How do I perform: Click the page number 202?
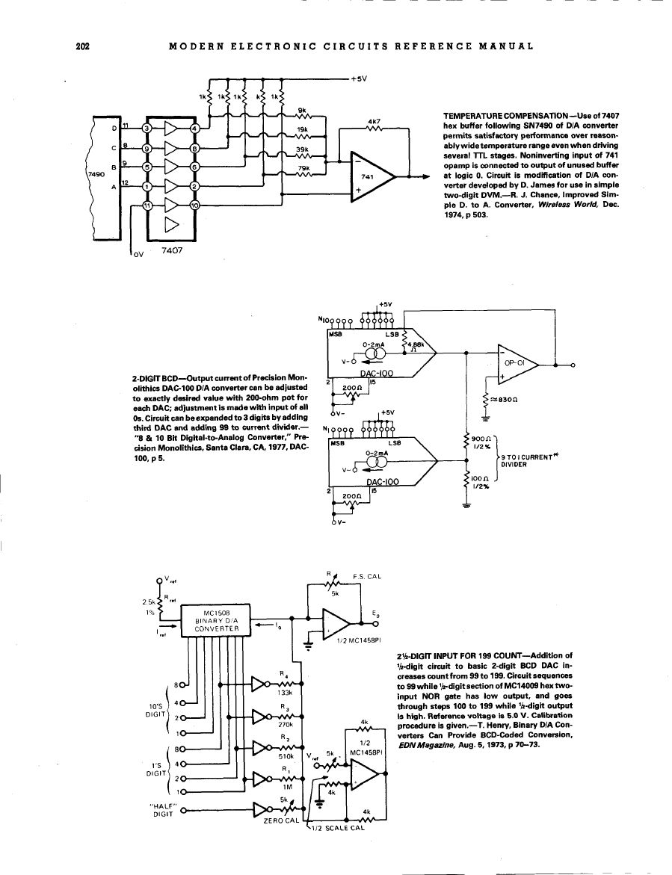[x=83, y=46]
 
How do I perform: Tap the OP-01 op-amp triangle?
[x=523, y=365]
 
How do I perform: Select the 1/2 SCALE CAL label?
[x=337, y=827]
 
